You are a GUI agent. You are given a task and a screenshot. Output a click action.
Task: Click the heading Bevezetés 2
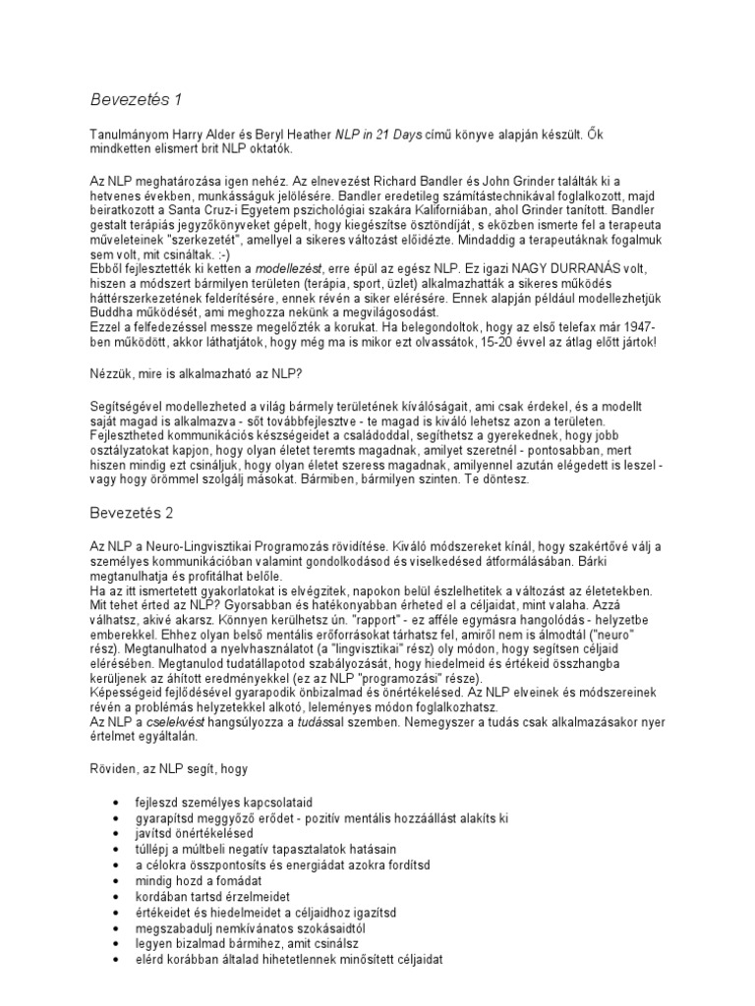pos(131,512)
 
